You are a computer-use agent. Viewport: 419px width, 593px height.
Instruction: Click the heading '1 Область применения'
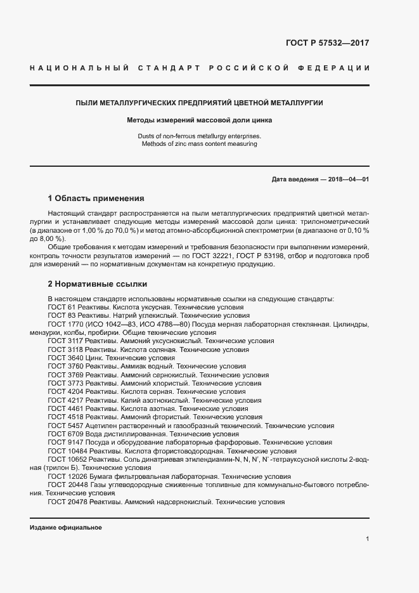[x=96, y=198]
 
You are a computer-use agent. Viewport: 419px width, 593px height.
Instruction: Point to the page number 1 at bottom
[x=367, y=539]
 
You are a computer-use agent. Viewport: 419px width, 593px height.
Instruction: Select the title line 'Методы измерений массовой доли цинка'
[x=199, y=120]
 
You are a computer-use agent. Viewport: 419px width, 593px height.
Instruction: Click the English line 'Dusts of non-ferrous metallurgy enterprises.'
[x=199, y=136]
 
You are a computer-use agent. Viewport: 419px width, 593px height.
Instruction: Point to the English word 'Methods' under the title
[x=153, y=145]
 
